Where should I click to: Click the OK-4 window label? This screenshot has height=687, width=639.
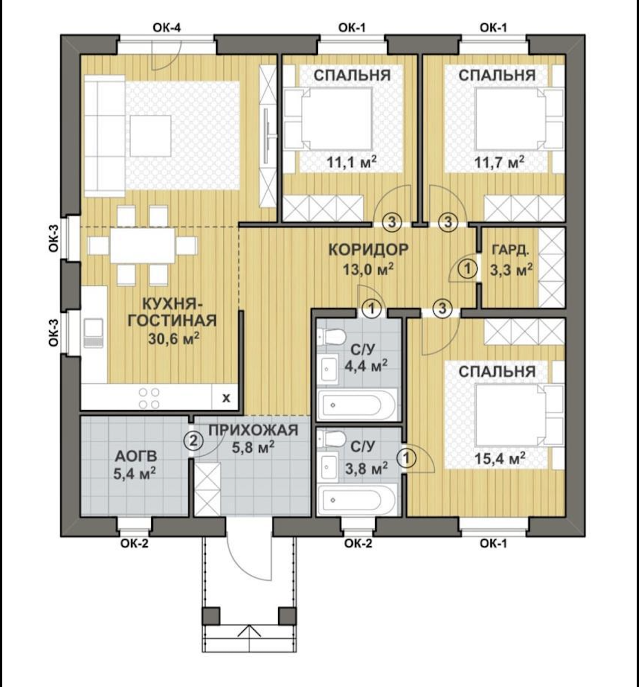point(167,28)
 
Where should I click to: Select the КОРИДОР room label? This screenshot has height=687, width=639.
point(368,249)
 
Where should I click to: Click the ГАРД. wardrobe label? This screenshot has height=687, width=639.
point(510,250)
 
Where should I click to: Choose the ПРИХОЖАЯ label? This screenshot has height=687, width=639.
point(253,430)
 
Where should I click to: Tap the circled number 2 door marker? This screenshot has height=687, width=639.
point(193,441)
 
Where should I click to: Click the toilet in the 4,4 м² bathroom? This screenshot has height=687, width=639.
point(331,336)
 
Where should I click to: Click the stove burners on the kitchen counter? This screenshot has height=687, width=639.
point(149,398)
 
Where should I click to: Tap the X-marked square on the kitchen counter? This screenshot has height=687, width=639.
point(226,398)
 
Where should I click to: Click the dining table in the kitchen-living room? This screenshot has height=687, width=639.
point(142,245)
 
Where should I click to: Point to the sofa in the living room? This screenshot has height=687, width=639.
point(104,136)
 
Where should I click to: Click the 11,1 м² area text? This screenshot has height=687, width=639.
point(351,161)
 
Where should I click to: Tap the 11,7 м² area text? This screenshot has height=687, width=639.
point(499,161)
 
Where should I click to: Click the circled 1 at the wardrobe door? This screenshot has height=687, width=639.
point(468,268)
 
